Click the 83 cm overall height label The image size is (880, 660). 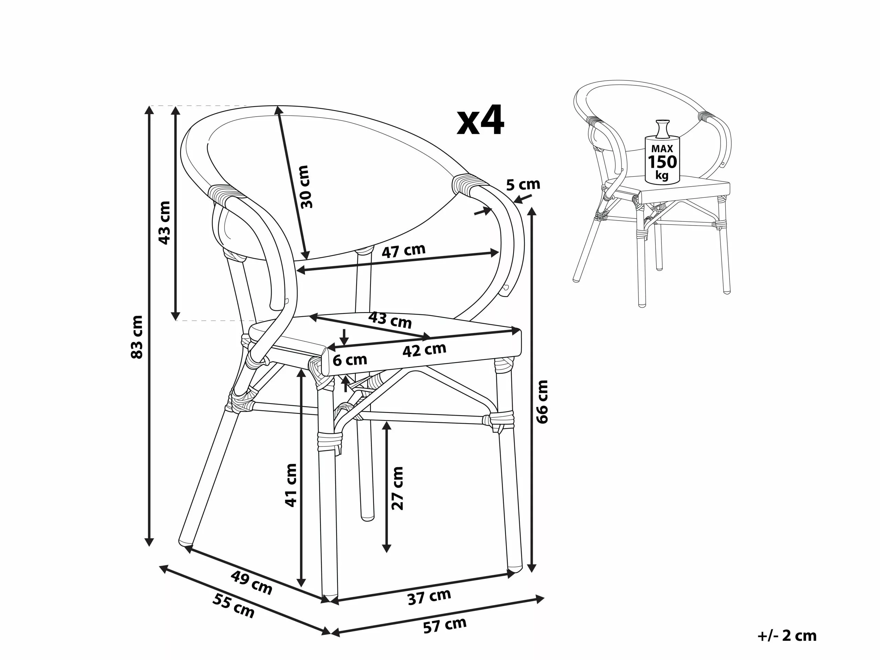pyautogui.click(x=137, y=337)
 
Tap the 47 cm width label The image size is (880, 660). pyautogui.click(x=404, y=251)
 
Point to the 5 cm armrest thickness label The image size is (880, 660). pyautogui.click(x=523, y=185)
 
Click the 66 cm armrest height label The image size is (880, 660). pyautogui.click(x=542, y=401)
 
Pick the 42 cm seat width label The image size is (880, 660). pyautogui.click(x=424, y=350)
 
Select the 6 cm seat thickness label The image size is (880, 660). pyautogui.click(x=350, y=360)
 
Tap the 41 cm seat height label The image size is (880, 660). pyautogui.click(x=291, y=485)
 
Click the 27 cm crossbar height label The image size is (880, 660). pyautogui.click(x=397, y=488)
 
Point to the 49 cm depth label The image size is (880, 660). pyautogui.click(x=251, y=582)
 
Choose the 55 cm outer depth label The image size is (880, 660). pyautogui.click(x=233, y=606)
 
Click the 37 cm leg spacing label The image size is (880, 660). pyautogui.click(x=429, y=597)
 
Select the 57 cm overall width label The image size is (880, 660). pyautogui.click(x=444, y=625)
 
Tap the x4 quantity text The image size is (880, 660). pyautogui.click(x=481, y=121)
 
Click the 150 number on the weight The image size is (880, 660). pyautogui.click(x=662, y=162)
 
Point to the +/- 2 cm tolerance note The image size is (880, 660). pyautogui.click(x=787, y=635)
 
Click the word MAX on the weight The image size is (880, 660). pyautogui.click(x=662, y=149)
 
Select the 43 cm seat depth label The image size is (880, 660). pyautogui.click(x=390, y=319)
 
